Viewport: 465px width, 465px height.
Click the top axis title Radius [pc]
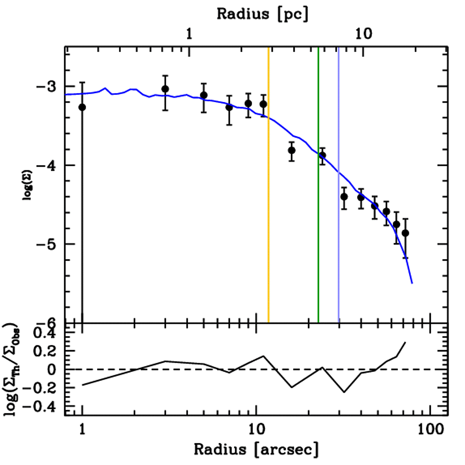point(262,13)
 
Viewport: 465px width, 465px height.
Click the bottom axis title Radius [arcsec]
point(256,450)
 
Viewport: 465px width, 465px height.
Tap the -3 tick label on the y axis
point(51,86)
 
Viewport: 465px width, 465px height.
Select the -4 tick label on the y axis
point(51,165)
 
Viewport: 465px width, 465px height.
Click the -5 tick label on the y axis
point(51,244)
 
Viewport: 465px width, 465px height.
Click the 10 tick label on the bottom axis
point(256,428)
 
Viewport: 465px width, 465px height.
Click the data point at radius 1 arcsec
point(82,107)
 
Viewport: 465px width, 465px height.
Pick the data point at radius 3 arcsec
point(165,89)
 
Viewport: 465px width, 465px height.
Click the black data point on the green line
point(322,155)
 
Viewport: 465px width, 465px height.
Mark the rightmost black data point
point(405,233)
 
